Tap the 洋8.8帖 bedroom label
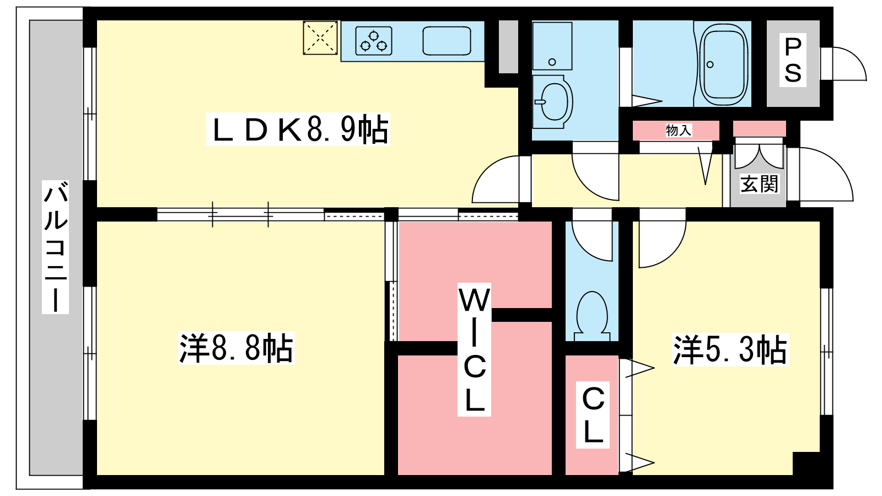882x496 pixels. (x=236, y=348)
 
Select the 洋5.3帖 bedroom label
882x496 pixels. (x=730, y=350)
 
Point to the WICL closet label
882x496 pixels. (x=474, y=349)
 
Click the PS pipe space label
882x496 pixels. (x=793, y=60)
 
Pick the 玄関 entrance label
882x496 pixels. (x=759, y=184)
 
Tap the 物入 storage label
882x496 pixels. (x=679, y=130)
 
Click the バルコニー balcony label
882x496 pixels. (x=56, y=247)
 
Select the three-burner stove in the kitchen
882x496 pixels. (x=374, y=41)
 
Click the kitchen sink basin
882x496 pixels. (x=447, y=41)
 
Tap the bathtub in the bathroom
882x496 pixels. (x=724, y=63)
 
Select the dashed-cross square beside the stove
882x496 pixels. (x=320, y=38)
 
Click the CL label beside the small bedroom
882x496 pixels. (x=593, y=414)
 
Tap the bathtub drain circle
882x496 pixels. (x=711, y=64)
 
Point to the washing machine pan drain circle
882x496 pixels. (x=552, y=62)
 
